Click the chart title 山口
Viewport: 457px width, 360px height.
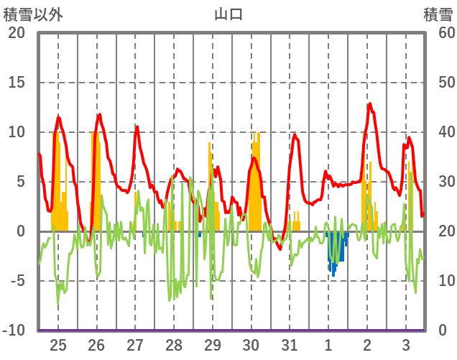pyautogui.click(x=228, y=14)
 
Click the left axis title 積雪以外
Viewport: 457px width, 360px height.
pyautogui.click(x=33, y=14)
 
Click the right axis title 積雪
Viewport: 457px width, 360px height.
pyautogui.click(x=437, y=14)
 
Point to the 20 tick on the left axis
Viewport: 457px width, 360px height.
pyautogui.click(x=16, y=33)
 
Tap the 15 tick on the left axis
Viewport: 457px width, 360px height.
pyautogui.click(x=16, y=83)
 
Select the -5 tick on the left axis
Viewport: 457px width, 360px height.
pyautogui.click(x=16, y=281)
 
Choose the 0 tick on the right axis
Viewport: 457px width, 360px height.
pyautogui.click(x=442, y=331)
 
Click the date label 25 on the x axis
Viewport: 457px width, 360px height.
pyautogui.click(x=58, y=344)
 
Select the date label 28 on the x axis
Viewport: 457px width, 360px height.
pyautogui.click(x=174, y=344)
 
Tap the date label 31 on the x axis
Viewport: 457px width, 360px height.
pyautogui.click(x=290, y=344)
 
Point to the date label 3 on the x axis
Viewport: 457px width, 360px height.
pyautogui.click(x=405, y=344)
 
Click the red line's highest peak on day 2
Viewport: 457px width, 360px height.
pyautogui.click(x=370, y=104)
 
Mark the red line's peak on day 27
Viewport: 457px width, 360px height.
pyautogui.click(x=137, y=127)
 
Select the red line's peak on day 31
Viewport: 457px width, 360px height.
pyautogui.click(x=295, y=134)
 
